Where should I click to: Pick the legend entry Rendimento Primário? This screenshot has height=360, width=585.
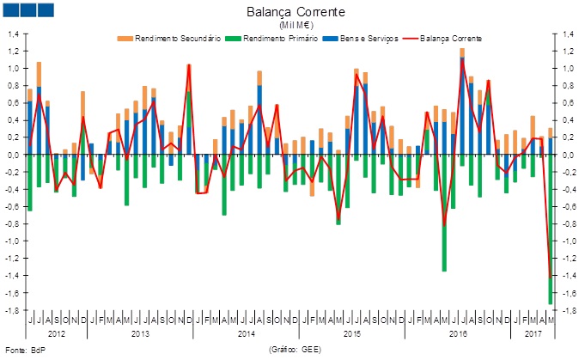click(280, 39)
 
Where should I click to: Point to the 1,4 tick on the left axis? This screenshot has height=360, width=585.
click(14, 34)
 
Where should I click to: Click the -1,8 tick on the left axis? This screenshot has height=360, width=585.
click(13, 310)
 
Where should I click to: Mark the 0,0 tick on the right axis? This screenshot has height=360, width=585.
click(569, 155)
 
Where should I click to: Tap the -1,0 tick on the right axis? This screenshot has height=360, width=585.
click(570, 241)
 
